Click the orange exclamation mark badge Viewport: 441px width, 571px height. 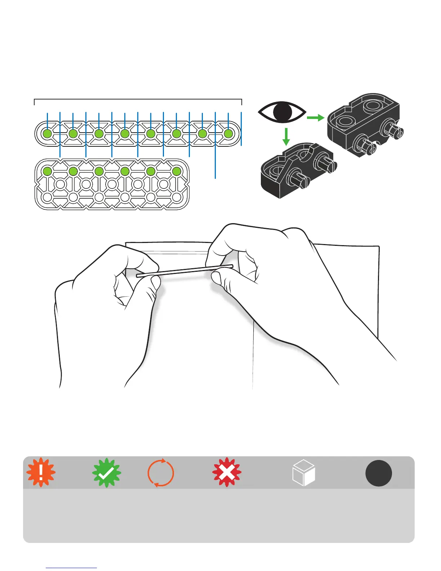coord(41,473)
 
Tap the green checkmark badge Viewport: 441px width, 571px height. coord(107,473)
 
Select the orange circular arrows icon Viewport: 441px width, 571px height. coord(161,473)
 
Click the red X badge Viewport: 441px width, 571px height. coord(227,473)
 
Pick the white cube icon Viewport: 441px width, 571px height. coord(303,473)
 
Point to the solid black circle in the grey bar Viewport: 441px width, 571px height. coord(379,473)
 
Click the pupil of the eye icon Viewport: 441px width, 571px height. coord(282,112)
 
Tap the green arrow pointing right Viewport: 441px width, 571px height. coord(315,118)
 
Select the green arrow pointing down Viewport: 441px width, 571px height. coord(286,137)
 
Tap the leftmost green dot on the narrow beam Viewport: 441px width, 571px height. coord(47,134)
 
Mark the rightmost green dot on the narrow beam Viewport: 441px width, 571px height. coord(228,134)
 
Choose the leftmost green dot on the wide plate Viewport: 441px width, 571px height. coord(47,171)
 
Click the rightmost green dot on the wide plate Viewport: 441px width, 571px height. coord(177,171)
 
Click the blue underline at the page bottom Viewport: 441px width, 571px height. coord(71,568)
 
